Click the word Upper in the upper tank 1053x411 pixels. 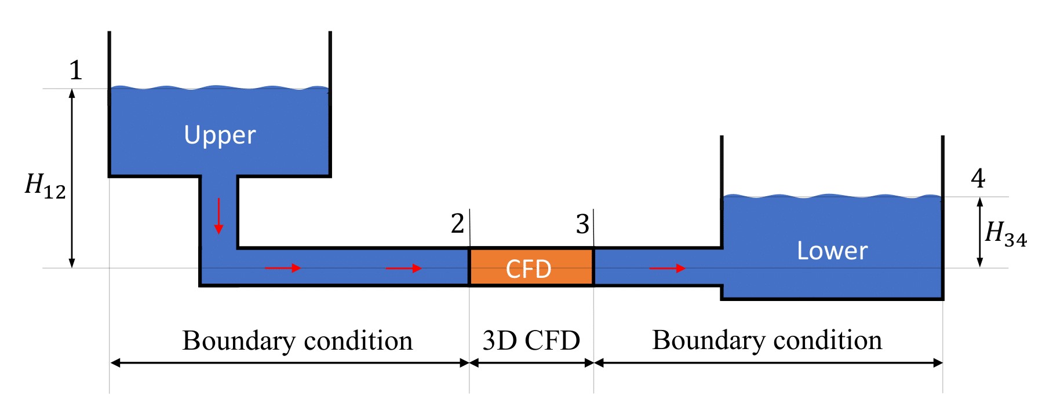[220, 135]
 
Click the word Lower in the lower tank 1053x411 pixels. [832, 251]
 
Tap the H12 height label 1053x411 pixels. [45, 186]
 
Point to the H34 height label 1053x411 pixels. [1005, 234]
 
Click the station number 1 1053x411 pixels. [76, 71]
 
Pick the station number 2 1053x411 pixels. [457, 223]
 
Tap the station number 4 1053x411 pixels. [978, 178]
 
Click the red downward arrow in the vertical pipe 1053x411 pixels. [218, 216]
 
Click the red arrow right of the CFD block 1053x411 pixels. [667, 268]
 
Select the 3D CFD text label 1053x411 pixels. [531, 340]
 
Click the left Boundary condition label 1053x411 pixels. [297, 340]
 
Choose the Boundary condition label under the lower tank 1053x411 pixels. [767, 340]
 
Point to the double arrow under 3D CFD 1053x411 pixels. [531, 363]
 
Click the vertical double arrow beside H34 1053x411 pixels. [980, 232]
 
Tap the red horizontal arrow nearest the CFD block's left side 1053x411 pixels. [403, 268]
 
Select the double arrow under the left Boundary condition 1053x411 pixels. [290, 363]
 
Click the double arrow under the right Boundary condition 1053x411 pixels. [768, 363]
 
